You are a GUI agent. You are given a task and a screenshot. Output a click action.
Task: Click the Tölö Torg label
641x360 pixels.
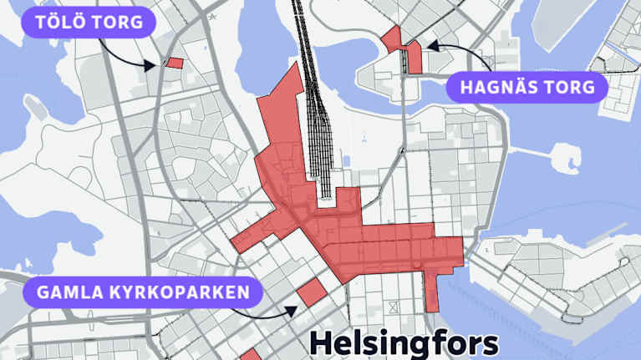[x=89, y=22]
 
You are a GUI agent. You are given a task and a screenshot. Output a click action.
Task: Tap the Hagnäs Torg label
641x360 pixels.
[x=527, y=87]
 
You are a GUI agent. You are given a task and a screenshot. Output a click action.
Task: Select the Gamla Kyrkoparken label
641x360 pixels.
[x=143, y=293]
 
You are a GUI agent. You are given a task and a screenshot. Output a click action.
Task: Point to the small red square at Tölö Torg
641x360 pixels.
[x=175, y=62]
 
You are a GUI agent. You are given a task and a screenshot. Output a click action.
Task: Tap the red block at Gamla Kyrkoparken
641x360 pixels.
[x=311, y=293]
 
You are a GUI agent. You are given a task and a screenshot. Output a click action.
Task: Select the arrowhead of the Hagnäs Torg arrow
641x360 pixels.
[x=429, y=47]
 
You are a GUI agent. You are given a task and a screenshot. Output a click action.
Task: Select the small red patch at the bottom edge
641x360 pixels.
[x=250, y=355]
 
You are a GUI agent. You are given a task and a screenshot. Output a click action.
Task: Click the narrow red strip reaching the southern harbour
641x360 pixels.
[x=432, y=289]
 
